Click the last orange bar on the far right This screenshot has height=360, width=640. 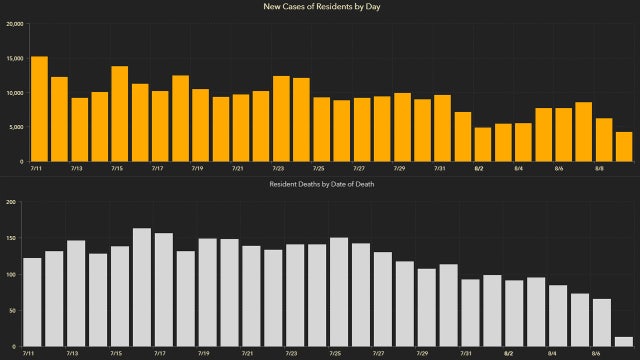(623, 146)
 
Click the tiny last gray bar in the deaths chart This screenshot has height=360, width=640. (623, 341)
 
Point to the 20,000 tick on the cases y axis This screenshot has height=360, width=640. (13, 24)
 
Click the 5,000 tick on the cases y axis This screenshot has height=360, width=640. (15, 127)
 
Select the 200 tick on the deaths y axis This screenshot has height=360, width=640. (12, 202)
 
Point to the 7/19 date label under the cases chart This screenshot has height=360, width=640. (200, 168)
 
